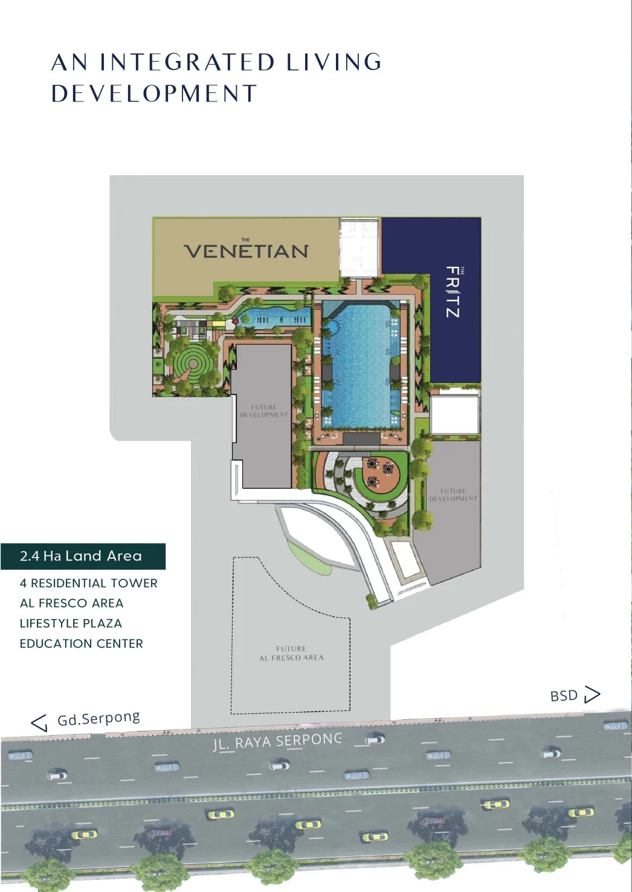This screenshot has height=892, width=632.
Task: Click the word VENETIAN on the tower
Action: click(x=246, y=251)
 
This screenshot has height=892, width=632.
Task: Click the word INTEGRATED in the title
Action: click(x=187, y=62)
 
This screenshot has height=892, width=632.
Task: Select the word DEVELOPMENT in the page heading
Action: click(x=154, y=94)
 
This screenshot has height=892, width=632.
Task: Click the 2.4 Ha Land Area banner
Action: click(x=82, y=556)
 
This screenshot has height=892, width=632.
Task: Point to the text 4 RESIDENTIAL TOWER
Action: click(x=88, y=583)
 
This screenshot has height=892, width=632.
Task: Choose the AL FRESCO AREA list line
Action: click(x=71, y=603)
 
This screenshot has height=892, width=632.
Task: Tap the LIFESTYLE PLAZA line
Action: click(x=71, y=623)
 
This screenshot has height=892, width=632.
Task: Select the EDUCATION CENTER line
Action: click(x=81, y=644)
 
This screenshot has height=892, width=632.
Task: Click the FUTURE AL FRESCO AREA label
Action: click(x=291, y=653)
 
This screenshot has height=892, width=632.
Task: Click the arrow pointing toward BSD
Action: click(x=592, y=695)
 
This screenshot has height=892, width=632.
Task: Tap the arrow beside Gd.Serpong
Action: click(x=39, y=722)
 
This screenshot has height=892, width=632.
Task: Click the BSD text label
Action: click(x=564, y=696)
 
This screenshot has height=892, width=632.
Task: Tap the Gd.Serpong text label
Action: click(x=98, y=719)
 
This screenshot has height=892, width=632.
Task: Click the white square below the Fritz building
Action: click(x=454, y=414)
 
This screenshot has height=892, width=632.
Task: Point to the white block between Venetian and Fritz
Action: click(x=360, y=248)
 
